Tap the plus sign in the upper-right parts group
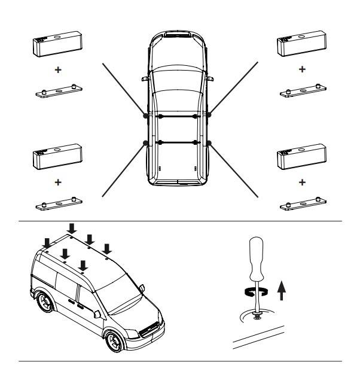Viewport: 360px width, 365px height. click(301, 69)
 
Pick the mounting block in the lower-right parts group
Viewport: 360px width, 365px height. click(301, 158)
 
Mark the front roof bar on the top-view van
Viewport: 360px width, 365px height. click(178, 115)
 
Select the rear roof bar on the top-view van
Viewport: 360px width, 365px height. click(178, 142)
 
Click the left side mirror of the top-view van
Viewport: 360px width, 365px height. click(144, 80)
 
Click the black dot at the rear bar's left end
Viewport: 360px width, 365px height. click(147, 142)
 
